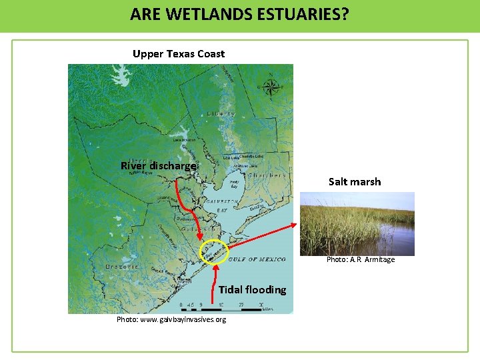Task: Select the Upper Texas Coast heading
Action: [x=179, y=54]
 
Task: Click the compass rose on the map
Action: [x=271, y=87]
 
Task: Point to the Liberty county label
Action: [x=221, y=114]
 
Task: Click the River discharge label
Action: [x=159, y=166]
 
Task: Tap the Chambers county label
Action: [x=267, y=176]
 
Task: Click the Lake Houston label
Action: [x=183, y=140]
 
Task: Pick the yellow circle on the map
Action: [x=214, y=252]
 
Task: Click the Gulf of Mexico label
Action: [x=257, y=259]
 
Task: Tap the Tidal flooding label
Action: [x=252, y=289]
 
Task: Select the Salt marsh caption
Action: [x=355, y=181]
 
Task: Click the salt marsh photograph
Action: [x=357, y=223]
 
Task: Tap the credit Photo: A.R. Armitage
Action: [x=361, y=260]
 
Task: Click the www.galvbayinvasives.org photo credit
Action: [x=171, y=319]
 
